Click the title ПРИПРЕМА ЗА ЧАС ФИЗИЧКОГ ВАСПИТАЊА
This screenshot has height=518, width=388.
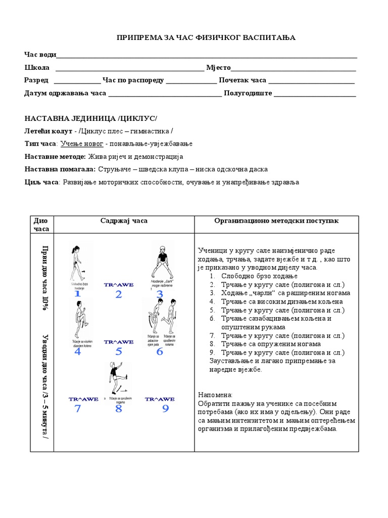(x=206, y=38)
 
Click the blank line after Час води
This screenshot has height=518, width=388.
(x=207, y=56)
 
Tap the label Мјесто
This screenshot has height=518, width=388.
(x=218, y=68)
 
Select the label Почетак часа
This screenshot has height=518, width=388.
(x=242, y=80)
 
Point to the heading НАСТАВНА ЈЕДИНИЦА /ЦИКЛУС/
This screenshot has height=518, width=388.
(x=91, y=118)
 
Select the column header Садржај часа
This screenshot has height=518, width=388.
(x=124, y=221)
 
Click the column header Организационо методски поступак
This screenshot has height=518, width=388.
(x=276, y=221)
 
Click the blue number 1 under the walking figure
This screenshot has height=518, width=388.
(x=77, y=294)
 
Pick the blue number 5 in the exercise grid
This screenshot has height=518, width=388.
(x=119, y=352)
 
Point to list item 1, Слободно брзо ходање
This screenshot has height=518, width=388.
(x=259, y=276)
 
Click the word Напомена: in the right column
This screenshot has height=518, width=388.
(x=215, y=395)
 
